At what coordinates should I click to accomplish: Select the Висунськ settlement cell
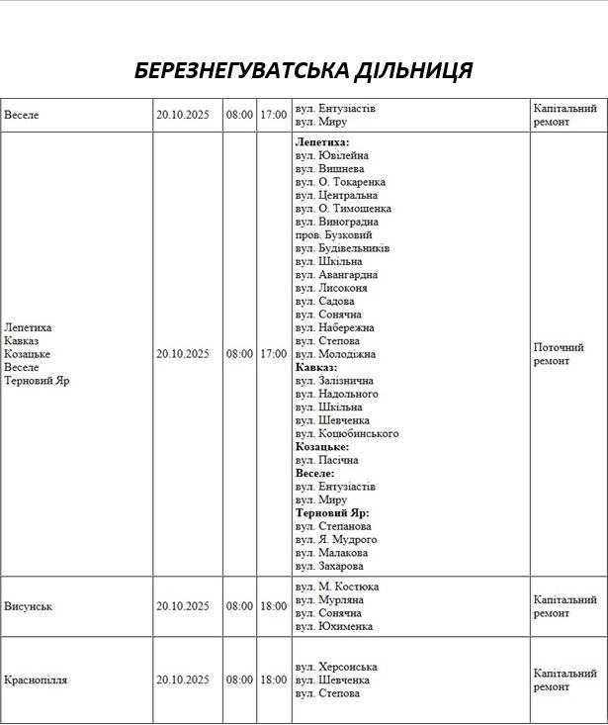click(x=28, y=606)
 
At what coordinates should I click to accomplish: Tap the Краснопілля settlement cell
click(x=37, y=680)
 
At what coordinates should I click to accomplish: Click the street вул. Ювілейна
click(x=331, y=155)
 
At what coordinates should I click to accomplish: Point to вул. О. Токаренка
click(x=340, y=182)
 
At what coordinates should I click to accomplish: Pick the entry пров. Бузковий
click(x=333, y=235)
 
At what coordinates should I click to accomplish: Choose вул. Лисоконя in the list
click(x=331, y=288)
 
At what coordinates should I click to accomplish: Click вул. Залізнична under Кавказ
click(x=334, y=381)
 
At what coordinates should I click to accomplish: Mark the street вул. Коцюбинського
click(x=346, y=433)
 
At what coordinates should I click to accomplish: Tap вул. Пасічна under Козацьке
click(x=326, y=460)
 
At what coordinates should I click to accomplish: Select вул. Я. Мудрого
click(x=336, y=540)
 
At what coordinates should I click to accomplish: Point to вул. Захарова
click(x=329, y=566)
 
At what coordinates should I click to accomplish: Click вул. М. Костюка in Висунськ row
click(x=337, y=588)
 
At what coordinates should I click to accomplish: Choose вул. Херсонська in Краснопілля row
click(x=336, y=668)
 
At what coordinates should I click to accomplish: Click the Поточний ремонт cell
click(x=559, y=354)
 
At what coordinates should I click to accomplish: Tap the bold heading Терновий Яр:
click(x=332, y=513)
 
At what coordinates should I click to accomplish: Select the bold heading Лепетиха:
click(x=322, y=142)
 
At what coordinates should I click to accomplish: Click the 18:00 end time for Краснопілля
click(x=273, y=680)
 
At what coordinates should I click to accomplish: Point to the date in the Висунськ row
click(x=183, y=606)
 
